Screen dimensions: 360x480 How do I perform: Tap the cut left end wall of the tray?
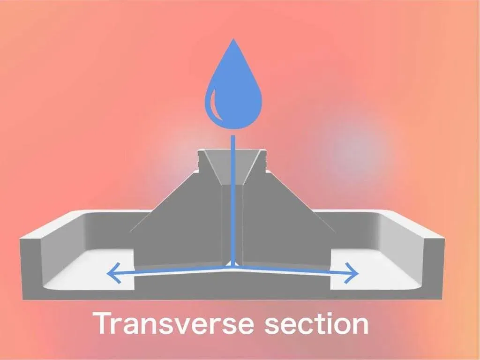[30, 267]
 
